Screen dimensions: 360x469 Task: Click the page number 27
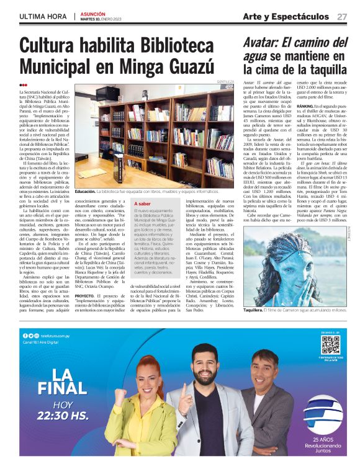(x=342, y=17)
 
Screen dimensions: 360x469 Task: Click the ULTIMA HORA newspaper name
(x=43, y=16)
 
